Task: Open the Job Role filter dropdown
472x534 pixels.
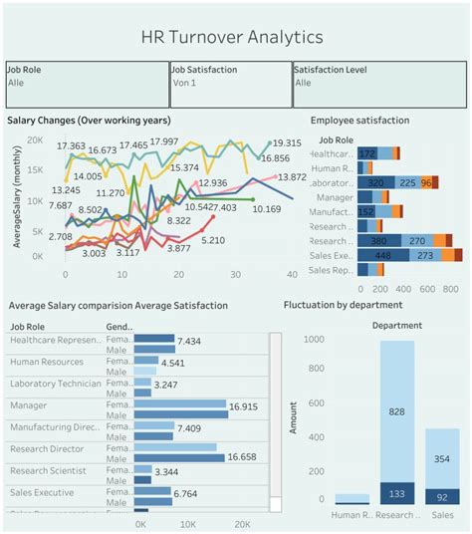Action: point(87,83)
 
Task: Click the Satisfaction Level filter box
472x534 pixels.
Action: point(377,83)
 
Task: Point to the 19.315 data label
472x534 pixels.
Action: point(286,143)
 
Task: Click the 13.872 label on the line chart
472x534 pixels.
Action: point(292,177)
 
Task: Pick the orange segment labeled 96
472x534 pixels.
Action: point(426,183)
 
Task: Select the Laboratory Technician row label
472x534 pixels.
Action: point(55,384)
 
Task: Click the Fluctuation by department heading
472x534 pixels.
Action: point(344,305)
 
